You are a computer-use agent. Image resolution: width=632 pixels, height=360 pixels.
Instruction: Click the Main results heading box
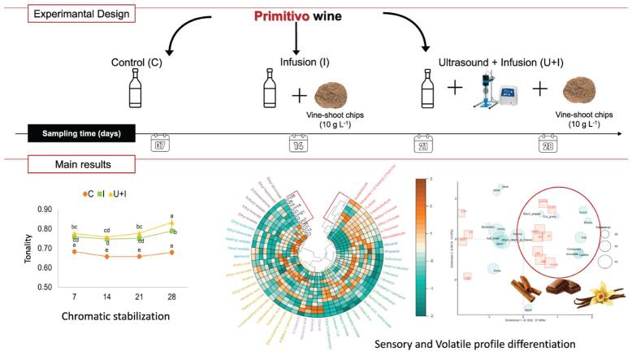pyautogui.click(x=68, y=165)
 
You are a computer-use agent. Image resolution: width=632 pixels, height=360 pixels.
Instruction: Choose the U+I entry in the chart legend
pyautogui.click(x=128, y=193)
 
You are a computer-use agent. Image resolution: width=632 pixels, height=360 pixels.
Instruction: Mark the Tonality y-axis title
pyautogui.click(x=29, y=248)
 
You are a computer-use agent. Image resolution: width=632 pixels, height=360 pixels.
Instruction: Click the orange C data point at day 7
pyautogui.click(x=75, y=252)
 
